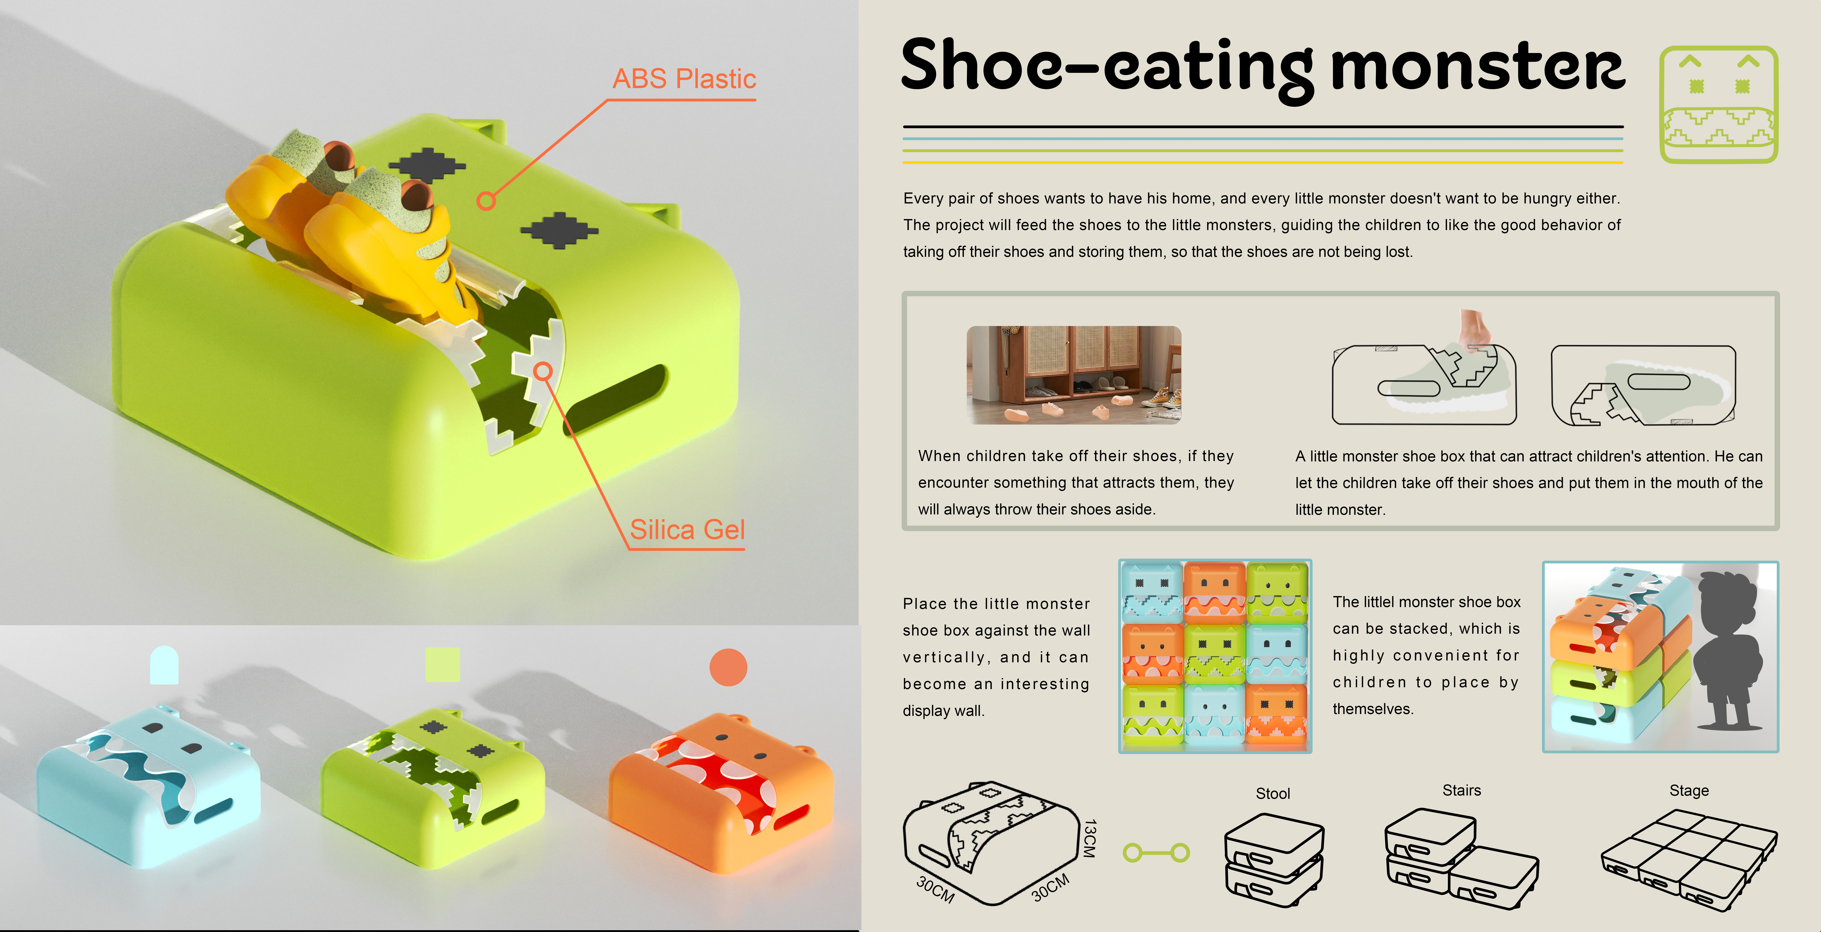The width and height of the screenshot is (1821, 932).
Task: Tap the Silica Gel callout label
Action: click(x=687, y=530)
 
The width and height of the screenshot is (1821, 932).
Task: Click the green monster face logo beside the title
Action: click(x=1718, y=105)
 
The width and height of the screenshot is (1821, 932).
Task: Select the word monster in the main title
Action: click(x=1477, y=67)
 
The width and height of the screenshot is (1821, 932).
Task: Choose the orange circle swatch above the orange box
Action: click(x=728, y=667)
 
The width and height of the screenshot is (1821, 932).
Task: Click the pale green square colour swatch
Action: click(x=443, y=664)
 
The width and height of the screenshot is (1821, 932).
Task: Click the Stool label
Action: click(x=1272, y=793)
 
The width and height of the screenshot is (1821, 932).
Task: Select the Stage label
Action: click(x=1689, y=791)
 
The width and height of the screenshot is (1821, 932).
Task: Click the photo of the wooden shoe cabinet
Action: click(x=1073, y=374)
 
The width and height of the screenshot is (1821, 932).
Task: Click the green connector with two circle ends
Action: click(x=1156, y=853)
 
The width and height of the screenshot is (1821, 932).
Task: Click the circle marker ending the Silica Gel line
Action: click(x=543, y=371)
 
